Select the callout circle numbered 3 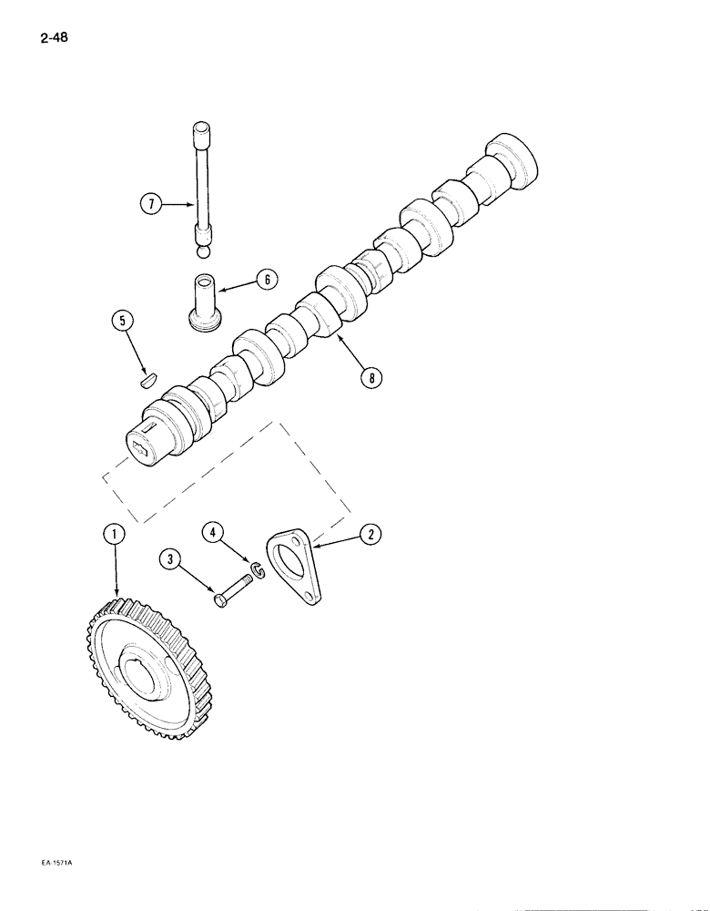click(168, 560)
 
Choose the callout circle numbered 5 click(123, 321)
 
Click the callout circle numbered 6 click(267, 280)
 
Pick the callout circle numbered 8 click(369, 376)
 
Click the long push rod click(202, 182)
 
